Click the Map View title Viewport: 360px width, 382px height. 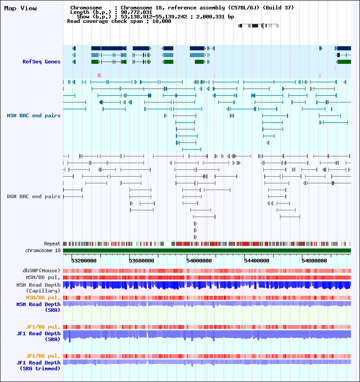21,8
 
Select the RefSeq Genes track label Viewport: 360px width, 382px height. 41,62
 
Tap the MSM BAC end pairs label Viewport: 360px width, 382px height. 34,115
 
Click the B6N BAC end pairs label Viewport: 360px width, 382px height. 34,196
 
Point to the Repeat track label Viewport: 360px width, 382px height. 52,244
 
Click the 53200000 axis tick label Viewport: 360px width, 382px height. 84,261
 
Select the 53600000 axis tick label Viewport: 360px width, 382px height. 141,261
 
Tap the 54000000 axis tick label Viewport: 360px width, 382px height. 199,261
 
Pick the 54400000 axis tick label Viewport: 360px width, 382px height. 256,261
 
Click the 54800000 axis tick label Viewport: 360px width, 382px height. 314,261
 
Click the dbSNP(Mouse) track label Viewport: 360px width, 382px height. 41,271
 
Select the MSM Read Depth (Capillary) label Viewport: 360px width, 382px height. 39,288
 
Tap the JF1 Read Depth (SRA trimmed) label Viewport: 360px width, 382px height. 39,366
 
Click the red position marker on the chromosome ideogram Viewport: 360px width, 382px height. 263,26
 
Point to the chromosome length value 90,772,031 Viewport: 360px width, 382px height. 136,12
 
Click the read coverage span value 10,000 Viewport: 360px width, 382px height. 162,21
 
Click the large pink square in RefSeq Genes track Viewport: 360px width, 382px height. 99,76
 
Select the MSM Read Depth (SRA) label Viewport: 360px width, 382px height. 39,307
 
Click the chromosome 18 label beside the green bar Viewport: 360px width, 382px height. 43,250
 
